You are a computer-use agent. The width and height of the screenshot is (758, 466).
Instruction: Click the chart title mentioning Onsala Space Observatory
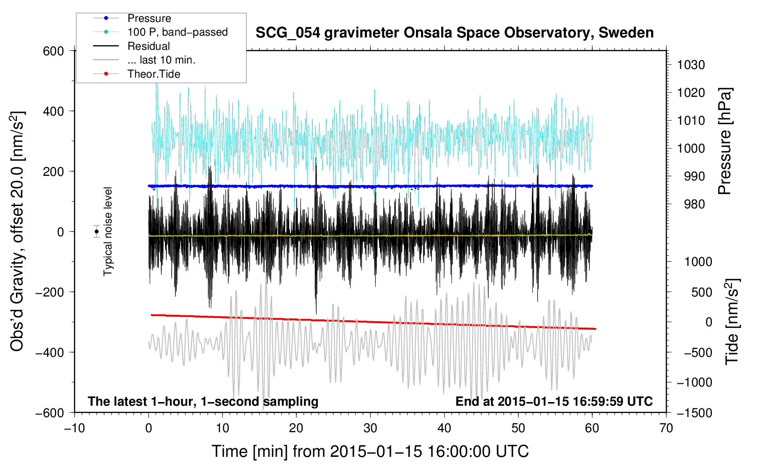(x=454, y=33)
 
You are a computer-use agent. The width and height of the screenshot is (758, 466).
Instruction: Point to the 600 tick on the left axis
(x=53, y=51)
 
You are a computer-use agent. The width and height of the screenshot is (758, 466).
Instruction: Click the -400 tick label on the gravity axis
(x=50, y=353)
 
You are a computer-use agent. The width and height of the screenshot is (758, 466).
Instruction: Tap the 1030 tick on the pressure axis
(x=691, y=65)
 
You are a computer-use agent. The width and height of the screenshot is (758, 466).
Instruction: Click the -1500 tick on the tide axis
(x=695, y=413)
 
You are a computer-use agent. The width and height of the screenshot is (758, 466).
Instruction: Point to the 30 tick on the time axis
(x=370, y=428)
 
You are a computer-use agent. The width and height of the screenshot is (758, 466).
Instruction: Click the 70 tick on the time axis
(x=666, y=428)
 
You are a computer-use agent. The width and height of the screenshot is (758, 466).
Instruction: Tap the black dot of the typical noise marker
(x=97, y=232)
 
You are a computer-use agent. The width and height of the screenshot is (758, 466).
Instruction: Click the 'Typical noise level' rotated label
(x=108, y=232)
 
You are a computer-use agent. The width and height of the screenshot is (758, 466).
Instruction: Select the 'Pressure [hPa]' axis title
(x=725, y=141)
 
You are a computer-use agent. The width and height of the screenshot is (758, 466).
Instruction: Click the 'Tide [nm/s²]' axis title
(x=732, y=321)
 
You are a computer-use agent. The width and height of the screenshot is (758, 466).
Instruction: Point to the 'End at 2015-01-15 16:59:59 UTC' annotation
(x=554, y=401)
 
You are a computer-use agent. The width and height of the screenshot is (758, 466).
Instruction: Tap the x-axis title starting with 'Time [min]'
(x=370, y=451)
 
